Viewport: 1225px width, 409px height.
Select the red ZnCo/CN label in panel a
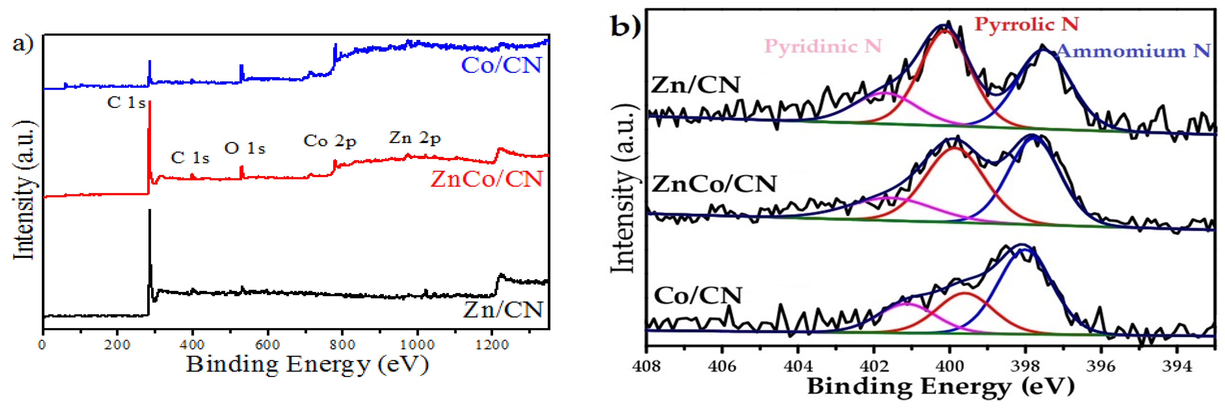486,179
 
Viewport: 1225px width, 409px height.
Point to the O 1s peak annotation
244,148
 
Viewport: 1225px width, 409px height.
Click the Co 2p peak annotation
330,141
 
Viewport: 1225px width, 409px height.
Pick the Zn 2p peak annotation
415,138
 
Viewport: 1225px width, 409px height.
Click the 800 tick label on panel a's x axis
342,344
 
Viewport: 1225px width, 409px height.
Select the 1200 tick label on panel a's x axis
492,344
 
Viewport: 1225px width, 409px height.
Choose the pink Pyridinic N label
823,46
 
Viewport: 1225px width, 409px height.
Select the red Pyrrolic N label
1026,24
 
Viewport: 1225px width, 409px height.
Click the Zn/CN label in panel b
695,85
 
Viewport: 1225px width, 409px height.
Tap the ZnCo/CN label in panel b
714,184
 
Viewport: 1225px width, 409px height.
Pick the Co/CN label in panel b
698,295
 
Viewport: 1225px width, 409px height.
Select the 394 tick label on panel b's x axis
1176,366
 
